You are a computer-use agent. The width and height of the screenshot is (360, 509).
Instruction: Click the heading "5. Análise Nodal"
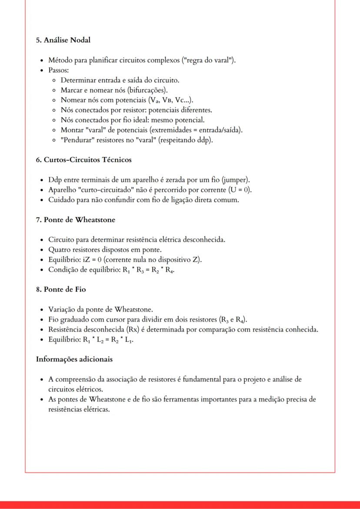63,40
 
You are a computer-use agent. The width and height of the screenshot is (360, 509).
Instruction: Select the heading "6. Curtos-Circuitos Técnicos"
83,160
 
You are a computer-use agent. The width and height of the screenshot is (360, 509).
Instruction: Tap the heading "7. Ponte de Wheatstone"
75,220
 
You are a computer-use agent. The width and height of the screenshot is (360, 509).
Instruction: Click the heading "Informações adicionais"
74,359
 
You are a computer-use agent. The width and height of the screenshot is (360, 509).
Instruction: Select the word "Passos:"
59,70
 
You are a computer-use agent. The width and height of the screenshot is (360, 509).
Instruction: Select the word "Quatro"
59,250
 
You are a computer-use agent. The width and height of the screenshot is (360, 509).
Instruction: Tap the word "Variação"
62,309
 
